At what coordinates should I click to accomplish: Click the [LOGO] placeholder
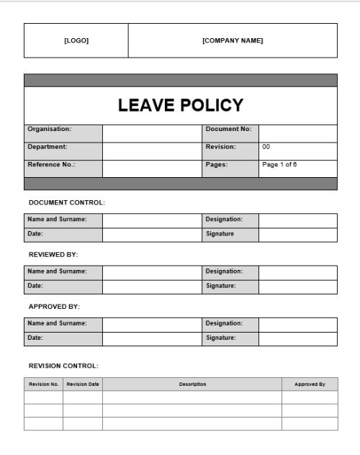tap(76, 40)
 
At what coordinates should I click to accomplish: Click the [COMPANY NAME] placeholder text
tap(233, 40)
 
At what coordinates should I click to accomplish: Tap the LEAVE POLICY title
tap(181, 105)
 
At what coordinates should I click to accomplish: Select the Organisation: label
tap(49, 130)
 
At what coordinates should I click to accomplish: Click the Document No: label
tap(228, 130)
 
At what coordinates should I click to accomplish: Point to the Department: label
tap(48, 147)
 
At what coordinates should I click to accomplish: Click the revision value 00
tap(266, 147)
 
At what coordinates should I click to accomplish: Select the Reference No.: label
tap(51, 165)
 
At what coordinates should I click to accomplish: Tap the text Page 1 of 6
tap(279, 165)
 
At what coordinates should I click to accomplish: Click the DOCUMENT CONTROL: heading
tap(66, 202)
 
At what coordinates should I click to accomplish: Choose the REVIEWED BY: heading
tap(53, 254)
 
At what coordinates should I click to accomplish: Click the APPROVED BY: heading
tap(54, 306)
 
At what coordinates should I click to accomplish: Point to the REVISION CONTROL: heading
tap(63, 366)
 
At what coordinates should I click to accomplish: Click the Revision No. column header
tap(43, 384)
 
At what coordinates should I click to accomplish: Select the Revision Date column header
tap(83, 384)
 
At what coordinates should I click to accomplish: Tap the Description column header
tap(192, 384)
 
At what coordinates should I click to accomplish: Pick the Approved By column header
tap(310, 384)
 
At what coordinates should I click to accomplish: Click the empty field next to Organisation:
tap(152, 133)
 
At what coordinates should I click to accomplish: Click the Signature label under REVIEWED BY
tap(221, 286)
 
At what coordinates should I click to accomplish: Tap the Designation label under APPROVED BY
tap(224, 323)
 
